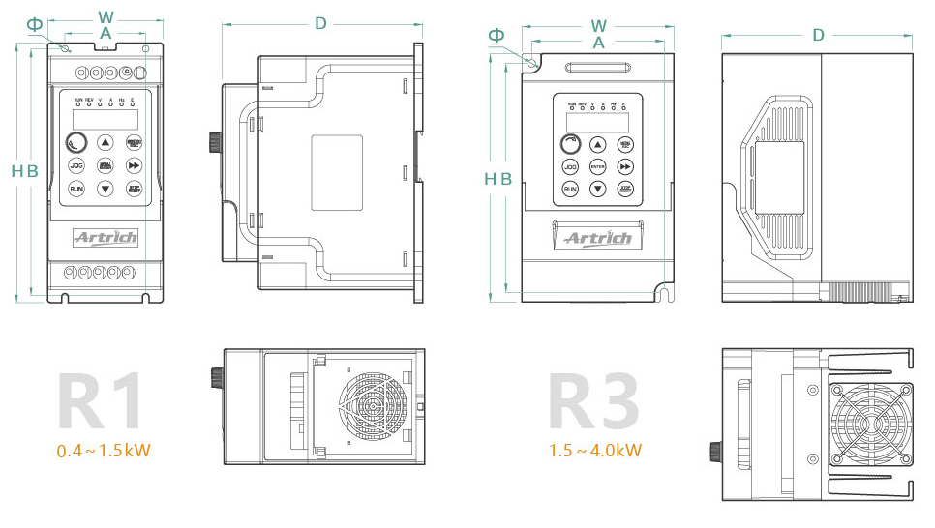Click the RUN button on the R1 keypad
[76, 189]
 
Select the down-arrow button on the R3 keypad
[598, 190]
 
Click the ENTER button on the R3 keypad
[598, 166]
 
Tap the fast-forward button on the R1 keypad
[134, 165]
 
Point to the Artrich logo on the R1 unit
[106, 237]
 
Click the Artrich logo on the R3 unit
[597, 238]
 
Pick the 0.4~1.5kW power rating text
[104, 451]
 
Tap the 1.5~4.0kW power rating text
[595, 451]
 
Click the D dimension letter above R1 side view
[320, 23]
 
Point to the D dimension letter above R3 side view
[819, 35]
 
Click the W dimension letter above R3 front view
[599, 25]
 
